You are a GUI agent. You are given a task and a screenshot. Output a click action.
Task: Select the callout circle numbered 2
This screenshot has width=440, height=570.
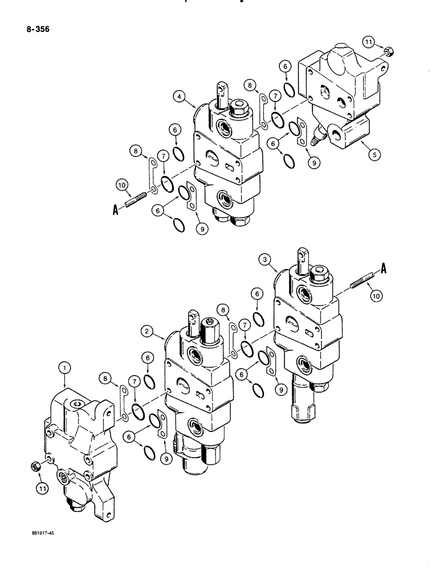coord(147,331)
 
